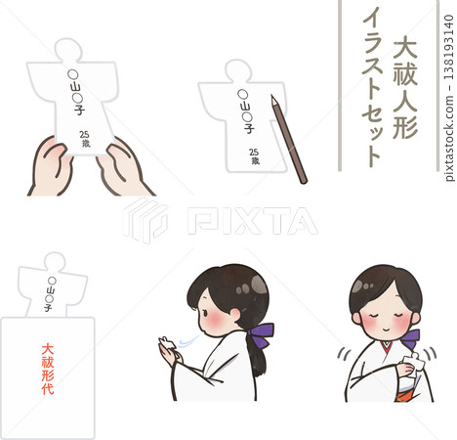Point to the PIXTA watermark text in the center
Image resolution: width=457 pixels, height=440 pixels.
[x=252, y=221]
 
